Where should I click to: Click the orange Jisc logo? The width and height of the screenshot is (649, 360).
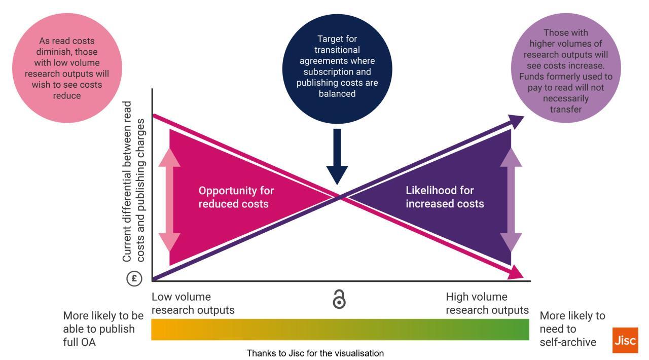(625, 340)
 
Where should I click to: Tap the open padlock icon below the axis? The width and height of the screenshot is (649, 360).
(339, 299)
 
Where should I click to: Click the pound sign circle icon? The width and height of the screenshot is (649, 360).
(134, 278)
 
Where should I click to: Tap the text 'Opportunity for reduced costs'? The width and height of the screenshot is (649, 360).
(236, 197)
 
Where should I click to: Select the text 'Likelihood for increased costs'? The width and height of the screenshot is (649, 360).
(445, 197)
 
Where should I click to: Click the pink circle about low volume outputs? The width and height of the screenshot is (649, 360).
(67, 68)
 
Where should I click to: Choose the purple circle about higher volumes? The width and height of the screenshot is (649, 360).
(565, 68)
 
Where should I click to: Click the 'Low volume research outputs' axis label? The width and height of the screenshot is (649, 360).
(193, 303)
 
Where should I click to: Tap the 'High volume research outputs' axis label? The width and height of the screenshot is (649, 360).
(487, 303)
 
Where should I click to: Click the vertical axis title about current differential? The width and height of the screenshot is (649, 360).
(134, 182)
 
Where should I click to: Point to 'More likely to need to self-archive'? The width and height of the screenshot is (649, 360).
(572, 329)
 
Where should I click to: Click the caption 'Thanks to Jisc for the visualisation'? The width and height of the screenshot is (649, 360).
(315, 353)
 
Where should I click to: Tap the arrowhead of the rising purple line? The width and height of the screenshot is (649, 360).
(517, 120)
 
